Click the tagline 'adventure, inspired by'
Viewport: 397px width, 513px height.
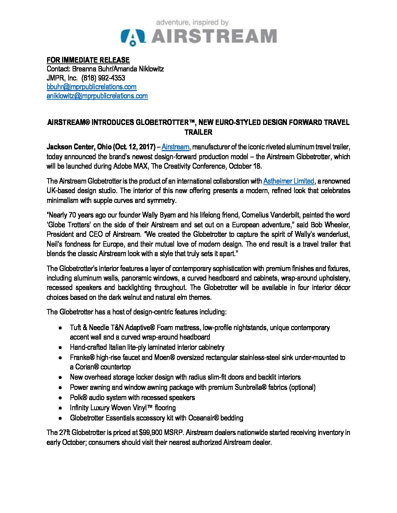192,23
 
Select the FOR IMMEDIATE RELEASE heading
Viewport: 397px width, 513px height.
88,60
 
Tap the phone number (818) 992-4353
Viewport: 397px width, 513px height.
104,78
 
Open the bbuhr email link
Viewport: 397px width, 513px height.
92,87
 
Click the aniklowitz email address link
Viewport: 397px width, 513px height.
97,96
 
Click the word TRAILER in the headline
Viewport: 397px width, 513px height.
198,132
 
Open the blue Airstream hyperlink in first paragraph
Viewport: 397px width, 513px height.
175,147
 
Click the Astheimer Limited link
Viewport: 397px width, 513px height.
289,181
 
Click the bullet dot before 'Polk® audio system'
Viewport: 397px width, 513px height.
60,398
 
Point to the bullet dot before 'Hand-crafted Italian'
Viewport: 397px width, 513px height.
60,348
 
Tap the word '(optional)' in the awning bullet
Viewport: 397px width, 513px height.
302,387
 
